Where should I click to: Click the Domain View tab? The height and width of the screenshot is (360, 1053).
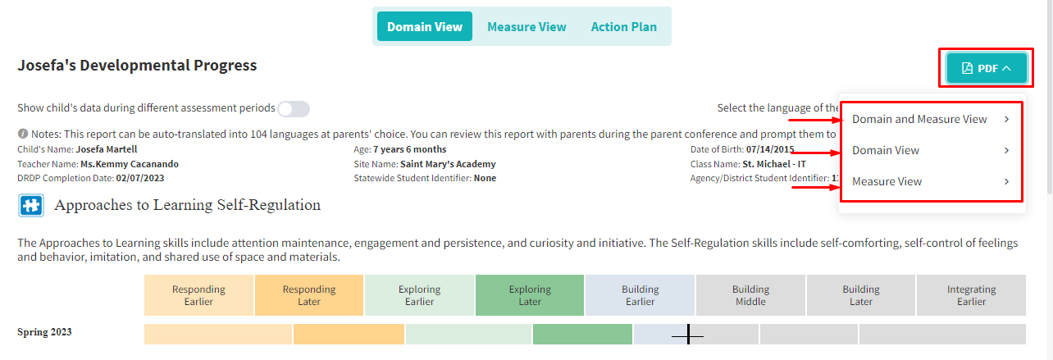pyautogui.click(x=425, y=26)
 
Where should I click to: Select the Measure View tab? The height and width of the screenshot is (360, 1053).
pyautogui.click(x=526, y=27)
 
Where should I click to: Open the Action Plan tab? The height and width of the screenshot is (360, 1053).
pyautogui.click(x=623, y=27)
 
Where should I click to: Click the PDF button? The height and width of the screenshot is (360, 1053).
pyautogui.click(x=987, y=68)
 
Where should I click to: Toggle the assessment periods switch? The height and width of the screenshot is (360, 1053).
pyautogui.click(x=294, y=109)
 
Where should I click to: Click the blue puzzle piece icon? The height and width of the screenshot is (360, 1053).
pyautogui.click(x=31, y=205)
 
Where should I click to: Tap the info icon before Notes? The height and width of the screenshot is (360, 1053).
pyautogui.click(x=23, y=134)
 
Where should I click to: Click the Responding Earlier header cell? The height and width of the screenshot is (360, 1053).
pyautogui.click(x=198, y=295)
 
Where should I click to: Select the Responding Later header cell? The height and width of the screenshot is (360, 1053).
pyautogui.click(x=309, y=295)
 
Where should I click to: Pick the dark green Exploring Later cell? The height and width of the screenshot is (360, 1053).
pyautogui.click(x=530, y=295)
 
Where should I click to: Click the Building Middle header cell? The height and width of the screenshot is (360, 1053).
pyautogui.click(x=750, y=295)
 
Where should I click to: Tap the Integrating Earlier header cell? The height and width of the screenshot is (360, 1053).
pyautogui.click(x=971, y=295)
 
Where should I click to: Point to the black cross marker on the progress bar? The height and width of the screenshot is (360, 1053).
pyautogui.click(x=688, y=334)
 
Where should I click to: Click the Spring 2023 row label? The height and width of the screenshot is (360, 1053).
pyautogui.click(x=44, y=332)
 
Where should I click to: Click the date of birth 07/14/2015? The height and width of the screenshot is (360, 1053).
pyautogui.click(x=770, y=149)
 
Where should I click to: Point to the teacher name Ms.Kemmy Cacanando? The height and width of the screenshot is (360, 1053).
pyautogui.click(x=130, y=164)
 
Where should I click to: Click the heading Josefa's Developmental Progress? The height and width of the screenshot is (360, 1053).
pyautogui.click(x=137, y=65)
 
